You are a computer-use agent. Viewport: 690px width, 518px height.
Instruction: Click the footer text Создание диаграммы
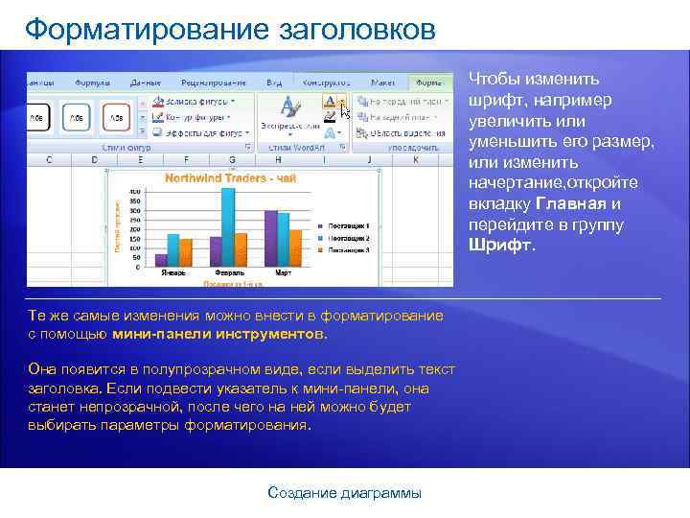(x=344, y=493)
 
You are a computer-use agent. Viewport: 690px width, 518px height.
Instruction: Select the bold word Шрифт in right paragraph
(x=501, y=245)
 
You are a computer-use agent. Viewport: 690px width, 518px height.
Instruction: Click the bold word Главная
(x=570, y=203)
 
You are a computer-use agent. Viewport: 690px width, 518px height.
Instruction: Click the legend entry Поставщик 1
(x=348, y=225)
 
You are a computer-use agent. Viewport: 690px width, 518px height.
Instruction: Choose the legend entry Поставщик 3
(x=348, y=248)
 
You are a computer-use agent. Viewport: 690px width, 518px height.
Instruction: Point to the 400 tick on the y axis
(x=135, y=192)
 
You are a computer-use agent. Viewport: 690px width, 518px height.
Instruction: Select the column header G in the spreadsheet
(x=232, y=159)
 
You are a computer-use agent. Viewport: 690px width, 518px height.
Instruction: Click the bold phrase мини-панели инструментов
(x=218, y=335)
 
